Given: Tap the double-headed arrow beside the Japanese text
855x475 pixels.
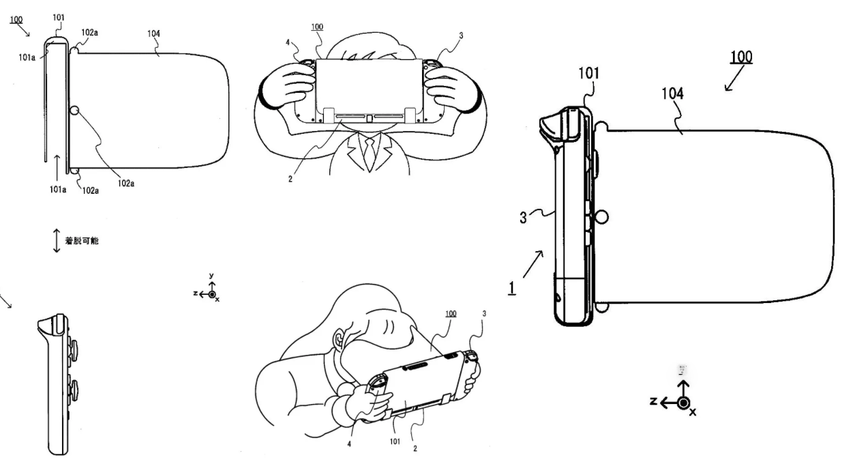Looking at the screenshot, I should coord(56,242).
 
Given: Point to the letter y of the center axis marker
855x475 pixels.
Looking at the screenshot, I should coord(211,277).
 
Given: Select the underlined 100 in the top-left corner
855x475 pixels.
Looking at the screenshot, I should coord(15,21).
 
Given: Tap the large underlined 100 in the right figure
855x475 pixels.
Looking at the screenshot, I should coord(741,57).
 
